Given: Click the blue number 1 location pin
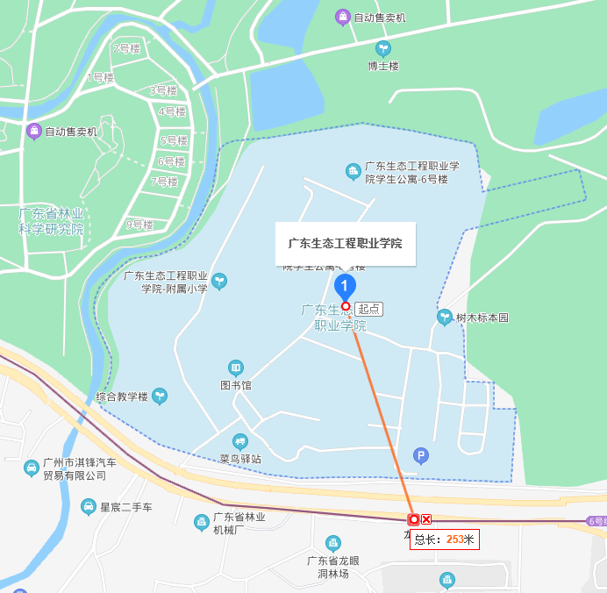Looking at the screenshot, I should [346, 286].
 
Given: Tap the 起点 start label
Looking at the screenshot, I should [369, 309].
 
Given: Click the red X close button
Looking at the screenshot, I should [426, 519].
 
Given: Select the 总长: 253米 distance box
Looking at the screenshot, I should [445, 539].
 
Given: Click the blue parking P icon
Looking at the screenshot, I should [421, 455].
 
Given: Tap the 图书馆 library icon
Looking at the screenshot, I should [235, 368].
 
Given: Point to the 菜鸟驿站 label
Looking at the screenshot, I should [240, 458].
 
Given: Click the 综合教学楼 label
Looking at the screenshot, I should [122, 397].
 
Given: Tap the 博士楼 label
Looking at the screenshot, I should [383, 66].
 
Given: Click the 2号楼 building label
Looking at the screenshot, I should [126, 49].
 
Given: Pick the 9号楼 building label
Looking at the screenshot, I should [139, 225].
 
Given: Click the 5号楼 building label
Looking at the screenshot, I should [173, 140].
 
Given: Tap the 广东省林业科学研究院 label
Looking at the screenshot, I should [52, 221].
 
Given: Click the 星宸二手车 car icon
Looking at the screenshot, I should [89, 507].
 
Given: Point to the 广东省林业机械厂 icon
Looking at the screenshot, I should [202, 523].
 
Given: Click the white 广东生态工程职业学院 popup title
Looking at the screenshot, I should [345, 243].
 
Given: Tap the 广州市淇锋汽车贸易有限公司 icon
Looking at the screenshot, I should [32, 468].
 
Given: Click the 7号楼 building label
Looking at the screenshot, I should [164, 182].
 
